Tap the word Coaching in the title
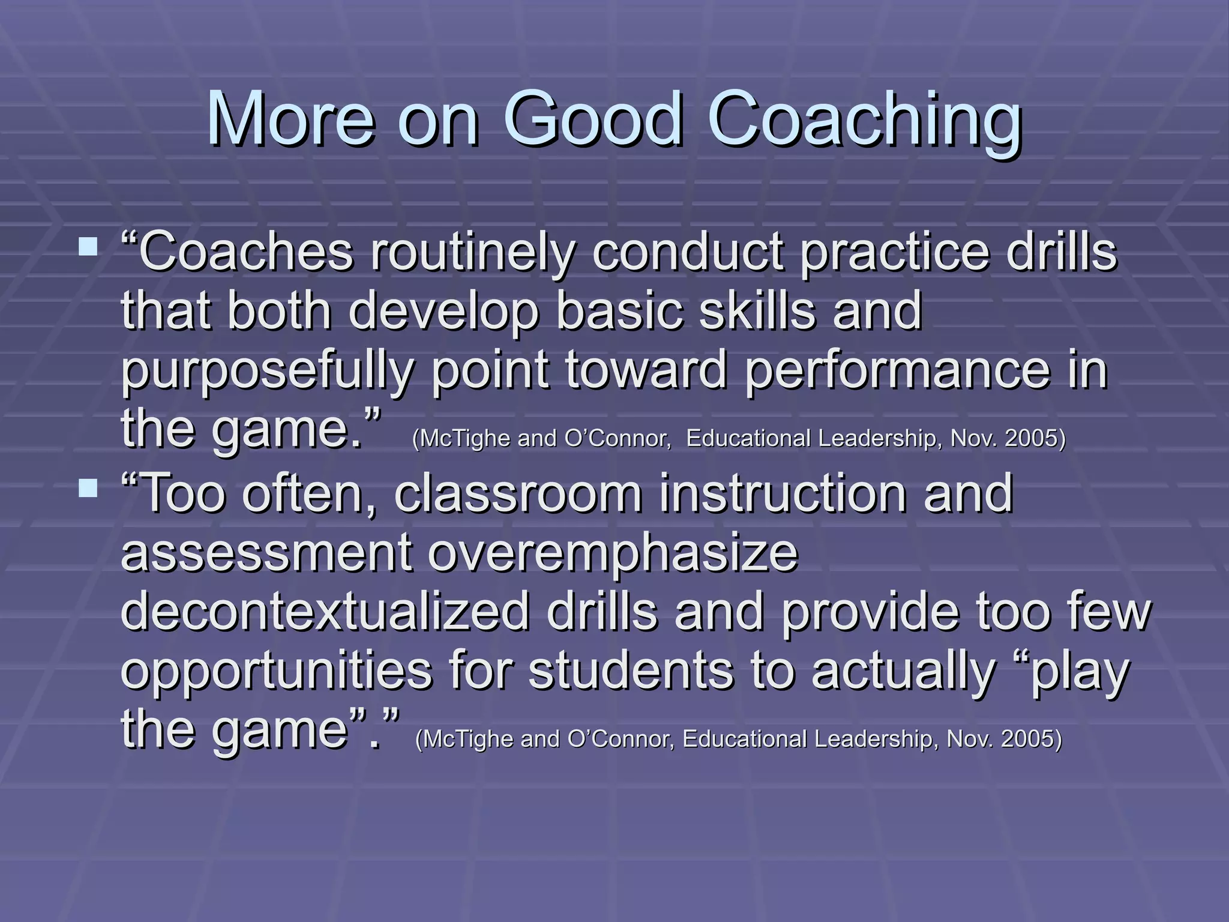[864, 120]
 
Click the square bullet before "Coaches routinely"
[88, 246]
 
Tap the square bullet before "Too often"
[88, 487]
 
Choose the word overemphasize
[613, 552]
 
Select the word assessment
[266, 552]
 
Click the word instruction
[783, 493]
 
